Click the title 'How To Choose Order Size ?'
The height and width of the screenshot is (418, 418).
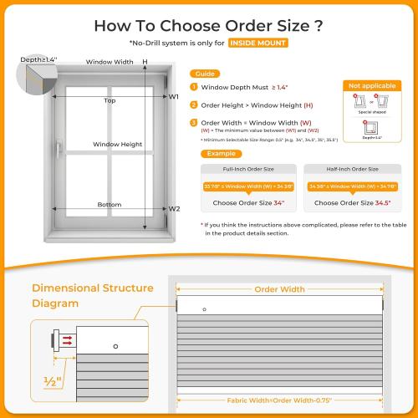coord(209,24)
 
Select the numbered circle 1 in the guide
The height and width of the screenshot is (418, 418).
coord(194,87)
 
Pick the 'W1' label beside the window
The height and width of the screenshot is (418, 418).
coord(174,97)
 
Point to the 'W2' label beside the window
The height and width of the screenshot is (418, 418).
coord(174,209)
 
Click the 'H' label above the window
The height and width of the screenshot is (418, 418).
coord(145,62)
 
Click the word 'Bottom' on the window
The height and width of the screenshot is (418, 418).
coord(109,204)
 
